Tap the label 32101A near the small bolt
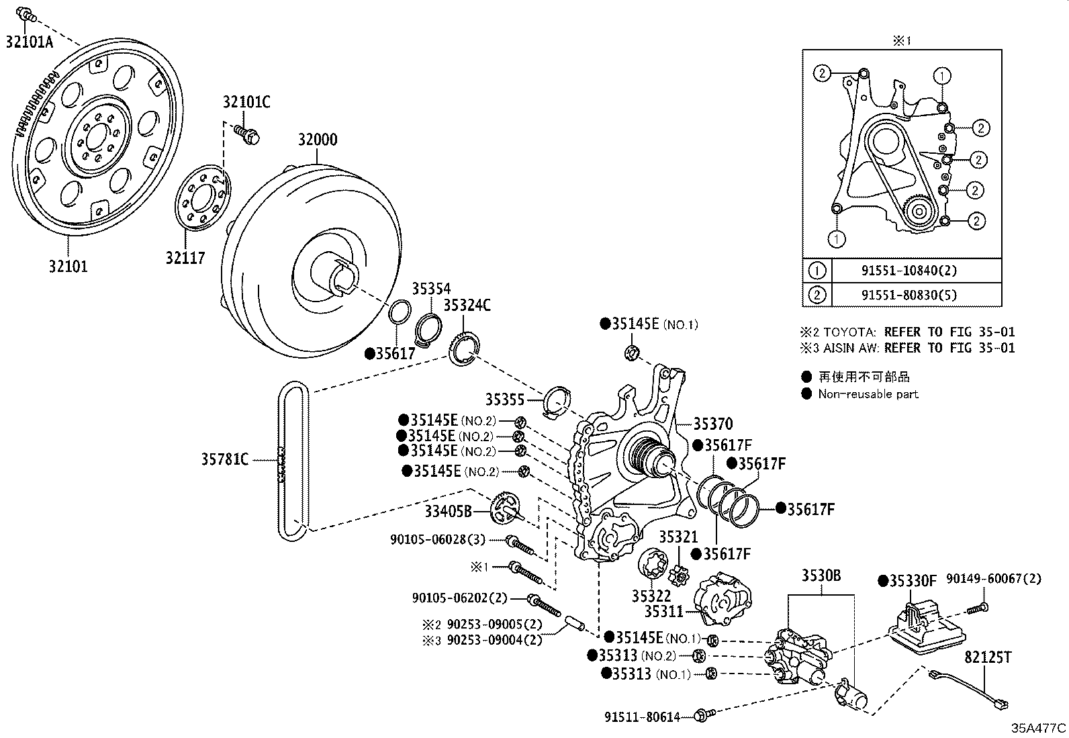(x=29, y=42)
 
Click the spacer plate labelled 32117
(x=202, y=199)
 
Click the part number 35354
(x=431, y=289)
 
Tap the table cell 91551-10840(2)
(x=908, y=271)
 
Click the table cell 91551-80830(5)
(x=908, y=294)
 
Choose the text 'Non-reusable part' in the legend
(x=868, y=394)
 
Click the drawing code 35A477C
(x=1038, y=728)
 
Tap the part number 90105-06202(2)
(x=460, y=598)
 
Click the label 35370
(x=712, y=424)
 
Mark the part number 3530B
(x=821, y=575)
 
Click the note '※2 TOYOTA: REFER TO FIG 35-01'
(x=907, y=332)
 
